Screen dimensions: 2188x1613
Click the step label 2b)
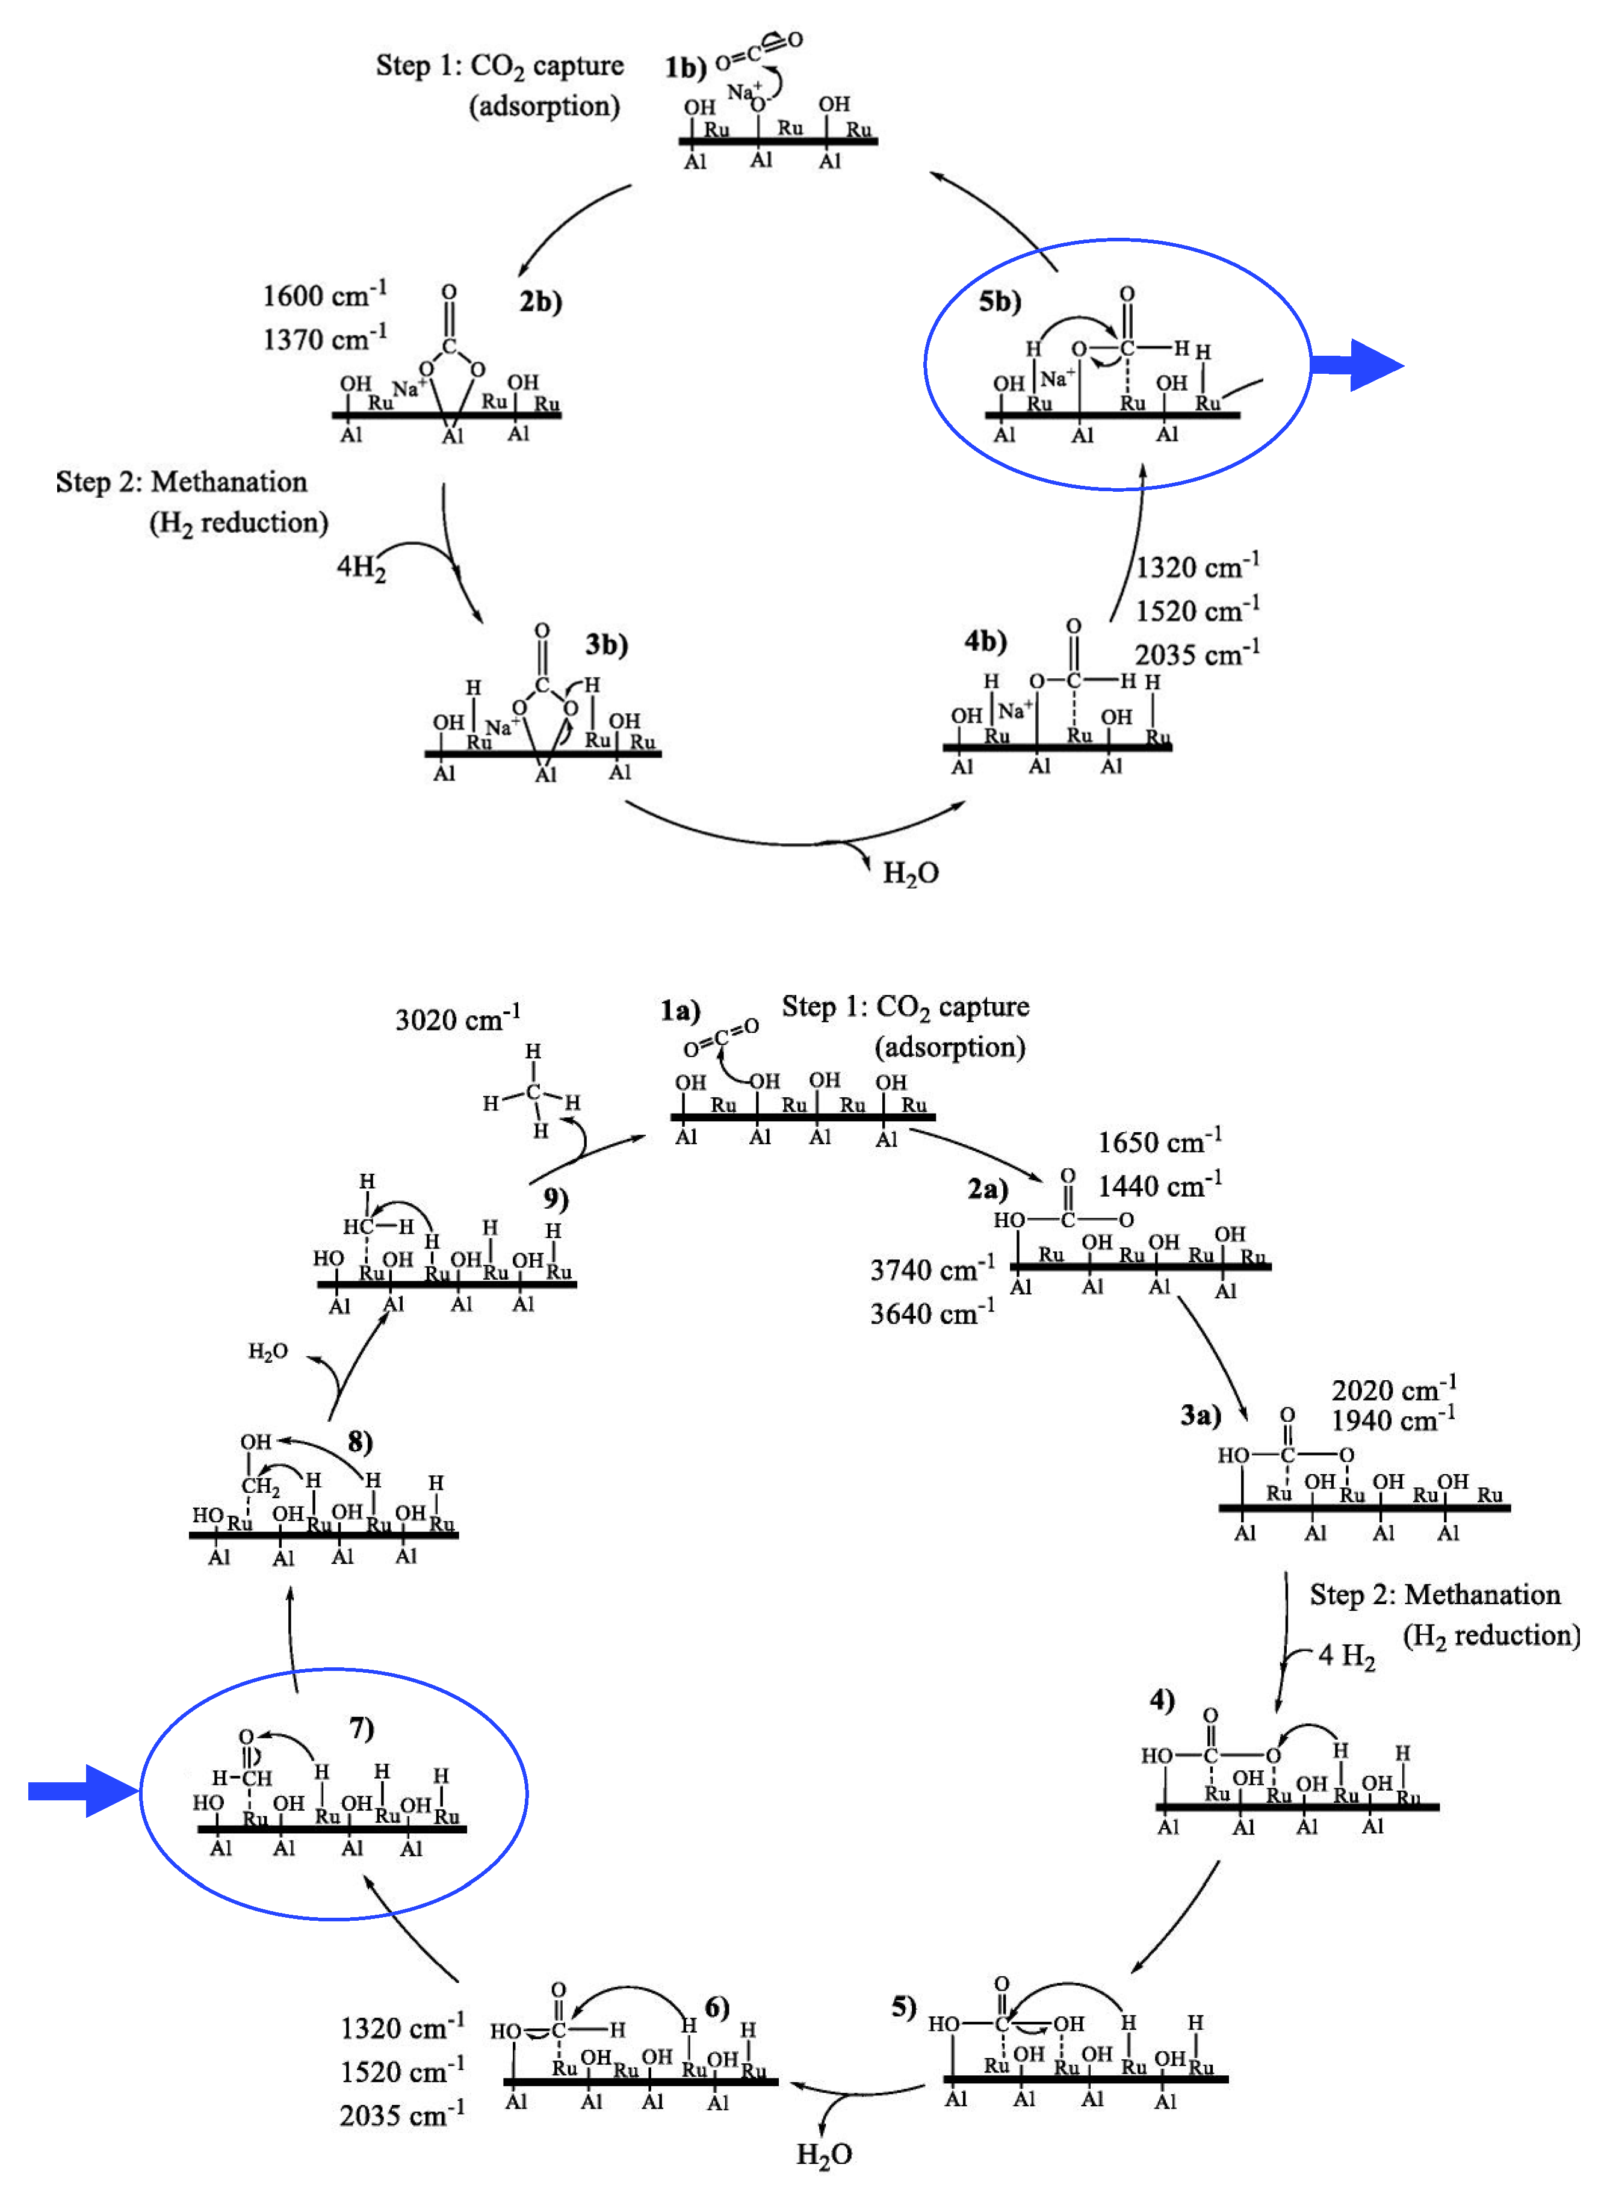(540, 301)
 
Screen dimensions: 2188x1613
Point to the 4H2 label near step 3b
(361, 566)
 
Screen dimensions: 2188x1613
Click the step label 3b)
(606, 645)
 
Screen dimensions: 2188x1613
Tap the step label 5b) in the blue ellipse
(1000, 301)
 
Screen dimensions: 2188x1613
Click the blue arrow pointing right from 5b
(1357, 365)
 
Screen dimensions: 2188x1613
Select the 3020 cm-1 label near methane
(457, 1018)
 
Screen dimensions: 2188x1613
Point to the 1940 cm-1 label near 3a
(1392, 1419)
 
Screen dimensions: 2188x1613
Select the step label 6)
(717, 2007)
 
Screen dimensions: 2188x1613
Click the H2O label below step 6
(824, 2154)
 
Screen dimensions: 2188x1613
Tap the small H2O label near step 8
(268, 1351)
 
